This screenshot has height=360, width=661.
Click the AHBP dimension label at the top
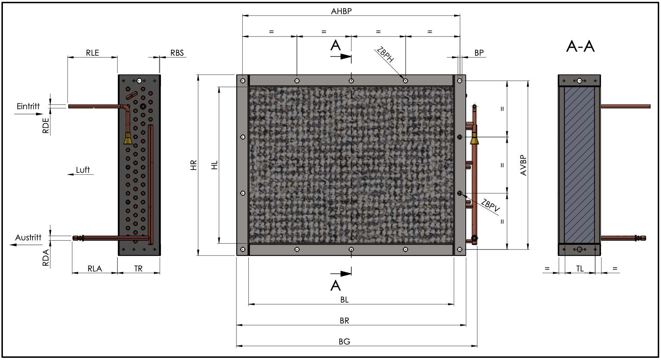[x=341, y=11]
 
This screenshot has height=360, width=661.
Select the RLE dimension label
[x=92, y=53]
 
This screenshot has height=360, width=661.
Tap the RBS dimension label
[x=177, y=53]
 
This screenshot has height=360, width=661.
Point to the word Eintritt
[x=28, y=106]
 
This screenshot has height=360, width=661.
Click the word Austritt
[x=28, y=237]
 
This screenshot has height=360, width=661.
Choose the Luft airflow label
[x=83, y=170]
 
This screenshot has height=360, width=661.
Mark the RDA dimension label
[x=46, y=258]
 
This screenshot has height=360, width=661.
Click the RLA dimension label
[x=95, y=269]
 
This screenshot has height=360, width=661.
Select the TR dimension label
[x=138, y=269]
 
